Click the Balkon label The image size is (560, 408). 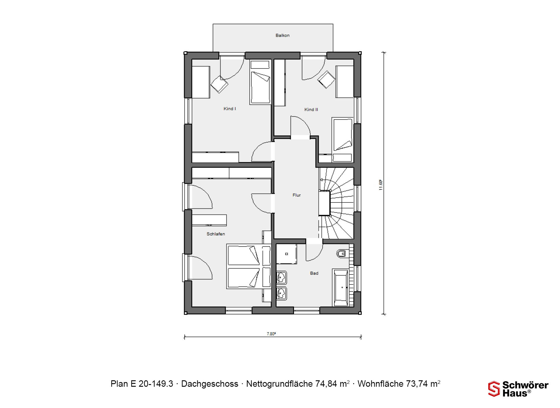pos(282,35)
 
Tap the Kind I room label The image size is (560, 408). pos(230,109)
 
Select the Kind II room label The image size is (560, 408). pos(311,110)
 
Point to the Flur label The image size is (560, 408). pos(297,195)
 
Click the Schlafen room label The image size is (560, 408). pos(216,234)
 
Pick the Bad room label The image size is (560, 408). pos(314,273)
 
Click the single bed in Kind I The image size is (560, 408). pos(260,82)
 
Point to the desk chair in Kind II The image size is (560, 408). pos(326,79)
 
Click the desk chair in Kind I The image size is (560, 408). pos(219,84)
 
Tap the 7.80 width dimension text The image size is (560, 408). pos(271,334)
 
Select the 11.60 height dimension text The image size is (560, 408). pos(381,185)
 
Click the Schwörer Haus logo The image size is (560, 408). pos(518,389)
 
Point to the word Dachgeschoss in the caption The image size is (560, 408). pos(210,384)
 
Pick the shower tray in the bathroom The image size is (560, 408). pos(286,254)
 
